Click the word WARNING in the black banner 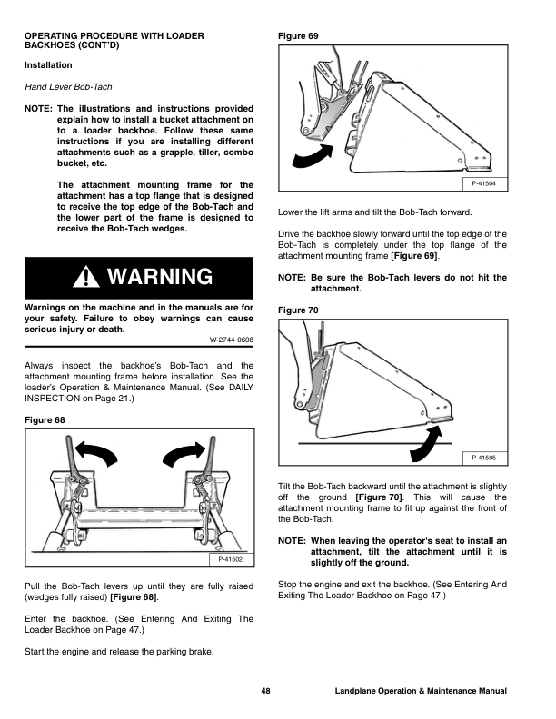pos(159,277)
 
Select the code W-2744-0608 pos(231,340)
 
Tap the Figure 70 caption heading pos(298,310)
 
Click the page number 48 pos(264,692)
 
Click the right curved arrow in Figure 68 pos(182,450)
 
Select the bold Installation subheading pos(47,66)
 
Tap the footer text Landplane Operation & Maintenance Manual pos(420,692)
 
